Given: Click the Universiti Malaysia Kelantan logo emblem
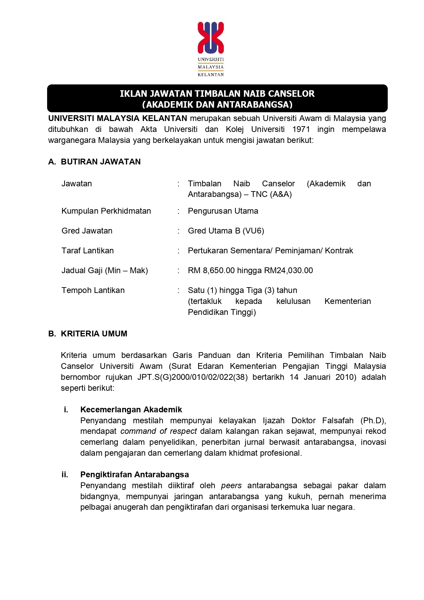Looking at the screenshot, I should pyautogui.click(x=211, y=38).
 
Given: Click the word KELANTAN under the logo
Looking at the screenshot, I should pyautogui.click(x=211, y=75).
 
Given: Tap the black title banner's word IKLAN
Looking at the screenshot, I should pyautogui.click(x=133, y=94).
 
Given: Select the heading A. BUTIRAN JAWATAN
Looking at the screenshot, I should pyautogui.click(x=95, y=162).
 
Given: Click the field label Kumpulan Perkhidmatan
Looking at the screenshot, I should pyautogui.click(x=106, y=211).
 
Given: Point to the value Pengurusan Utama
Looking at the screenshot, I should pyautogui.click(x=223, y=211).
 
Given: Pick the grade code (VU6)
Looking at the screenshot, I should pyautogui.click(x=254, y=231).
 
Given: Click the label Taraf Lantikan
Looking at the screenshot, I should pyautogui.click(x=88, y=251).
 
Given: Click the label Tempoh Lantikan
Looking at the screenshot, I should pyautogui.click(x=93, y=290).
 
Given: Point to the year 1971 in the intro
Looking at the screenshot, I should pyautogui.click(x=301, y=129).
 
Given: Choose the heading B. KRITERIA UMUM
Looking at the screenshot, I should pyautogui.click(x=88, y=334).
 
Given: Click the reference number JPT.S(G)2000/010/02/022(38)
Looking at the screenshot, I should pyautogui.click(x=192, y=377).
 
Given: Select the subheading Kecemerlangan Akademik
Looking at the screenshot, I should pyautogui.click(x=131, y=410).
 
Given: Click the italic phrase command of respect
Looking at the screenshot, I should pyautogui.click(x=159, y=431).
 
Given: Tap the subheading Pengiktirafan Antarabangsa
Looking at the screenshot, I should pyautogui.click(x=135, y=475).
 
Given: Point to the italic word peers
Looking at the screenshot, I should pyautogui.click(x=231, y=485).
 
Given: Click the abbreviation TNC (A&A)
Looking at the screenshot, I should pyautogui.click(x=271, y=194).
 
